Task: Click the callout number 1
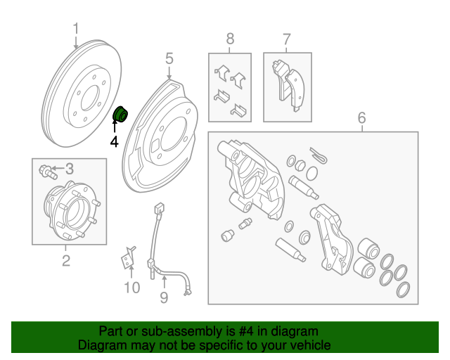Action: tap(76, 29)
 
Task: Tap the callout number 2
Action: tap(66, 262)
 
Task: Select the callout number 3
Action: tap(70, 168)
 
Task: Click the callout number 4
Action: tap(115, 142)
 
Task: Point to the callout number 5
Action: tap(169, 58)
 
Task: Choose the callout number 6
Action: tap(361, 117)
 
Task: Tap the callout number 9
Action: tap(164, 298)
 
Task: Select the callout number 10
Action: tap(131, 287)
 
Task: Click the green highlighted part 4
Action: tap(120, 112)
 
